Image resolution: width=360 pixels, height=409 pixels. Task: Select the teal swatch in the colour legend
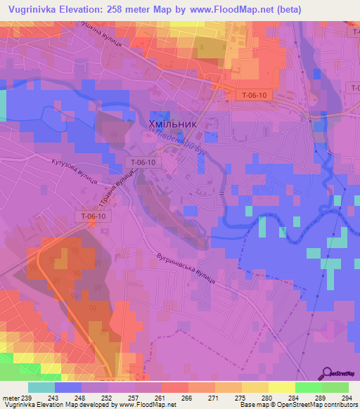point(41,388)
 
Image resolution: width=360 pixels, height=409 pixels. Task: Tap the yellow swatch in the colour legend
point(281,388)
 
